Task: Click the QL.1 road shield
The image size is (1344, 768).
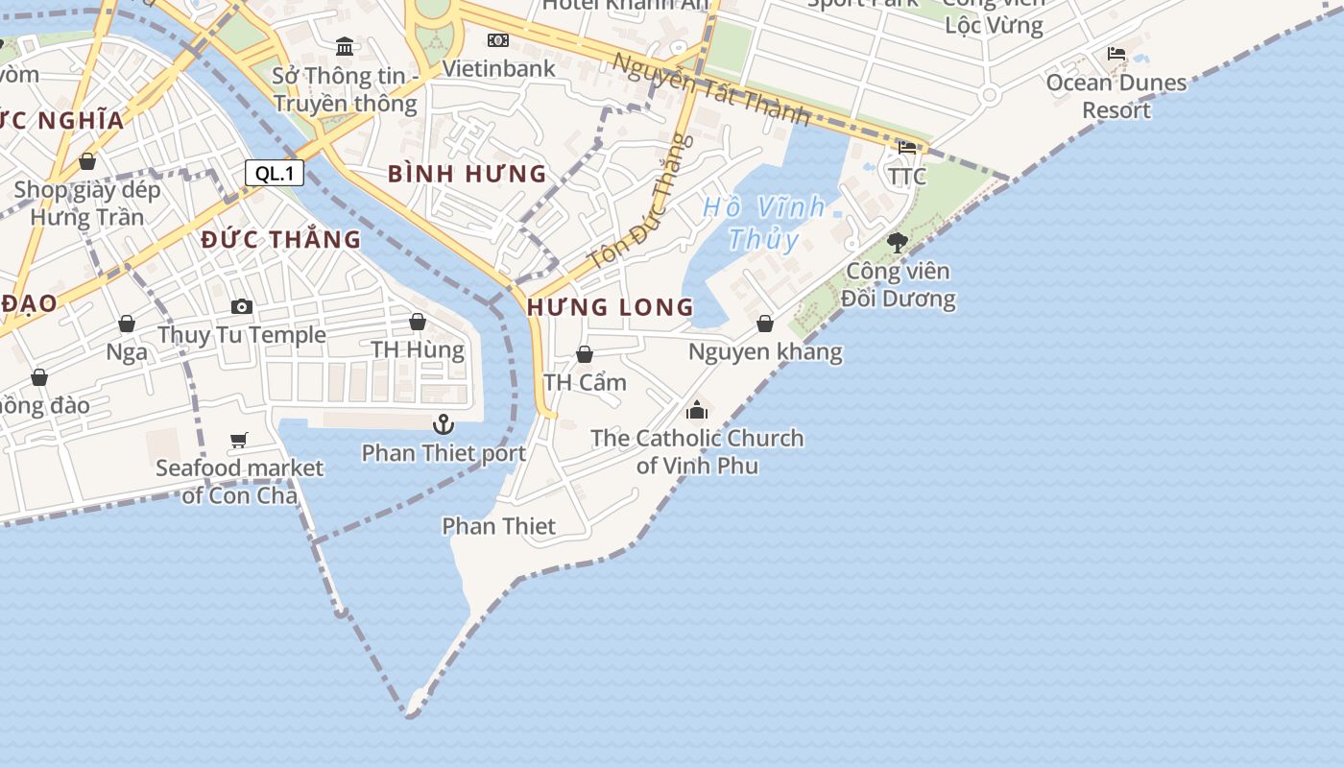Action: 275,174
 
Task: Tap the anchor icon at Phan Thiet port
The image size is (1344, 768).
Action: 444,423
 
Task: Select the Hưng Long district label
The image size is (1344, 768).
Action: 610,307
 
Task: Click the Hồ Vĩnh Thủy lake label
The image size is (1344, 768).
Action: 763,222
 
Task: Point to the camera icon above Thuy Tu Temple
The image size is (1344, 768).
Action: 242,306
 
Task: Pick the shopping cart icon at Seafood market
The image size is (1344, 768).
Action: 239,440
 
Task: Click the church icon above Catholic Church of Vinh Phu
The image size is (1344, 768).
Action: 697,410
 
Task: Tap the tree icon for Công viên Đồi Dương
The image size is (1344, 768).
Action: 898,242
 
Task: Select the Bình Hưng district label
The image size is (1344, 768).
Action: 467,174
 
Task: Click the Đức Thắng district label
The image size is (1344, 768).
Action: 281,239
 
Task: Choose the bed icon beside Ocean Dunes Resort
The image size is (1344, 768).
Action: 1116,54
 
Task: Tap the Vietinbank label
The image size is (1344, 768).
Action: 498,68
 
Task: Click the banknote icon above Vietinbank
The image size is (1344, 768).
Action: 498,40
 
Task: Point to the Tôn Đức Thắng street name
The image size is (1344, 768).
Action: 640,203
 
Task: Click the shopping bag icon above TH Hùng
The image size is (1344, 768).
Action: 418,322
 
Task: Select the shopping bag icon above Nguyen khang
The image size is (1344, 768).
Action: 765,324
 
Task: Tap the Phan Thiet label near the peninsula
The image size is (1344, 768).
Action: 498,526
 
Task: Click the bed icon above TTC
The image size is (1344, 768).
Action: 907,148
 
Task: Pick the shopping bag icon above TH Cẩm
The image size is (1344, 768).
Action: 585,354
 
